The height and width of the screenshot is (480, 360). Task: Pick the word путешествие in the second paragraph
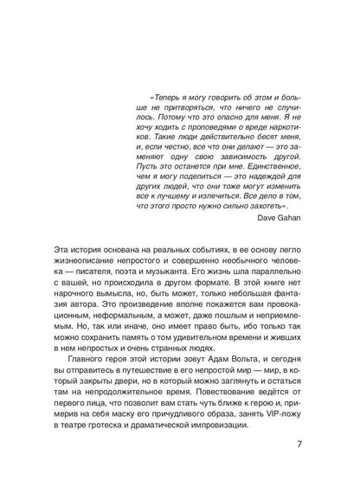click(x=164, y=365)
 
